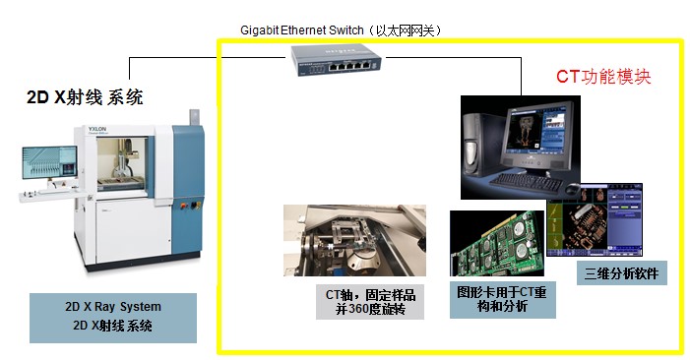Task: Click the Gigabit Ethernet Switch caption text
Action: tap(341, 30)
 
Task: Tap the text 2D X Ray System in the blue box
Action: tap(112, 306)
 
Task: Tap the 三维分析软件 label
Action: tap(621, 271)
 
